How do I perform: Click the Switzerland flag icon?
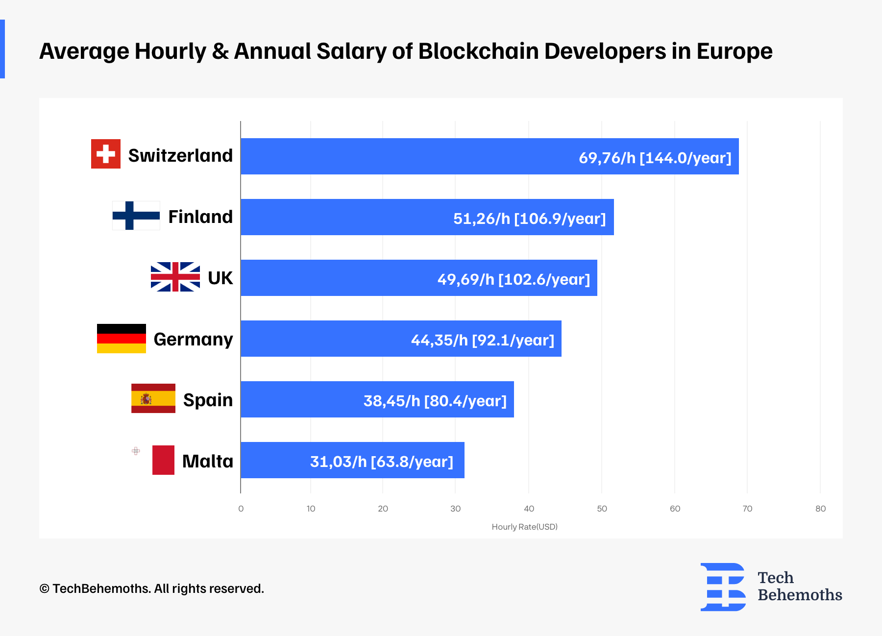point(106,154)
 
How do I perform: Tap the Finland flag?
point(136,216)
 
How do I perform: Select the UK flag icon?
point(175,277)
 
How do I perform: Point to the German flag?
point(122,339)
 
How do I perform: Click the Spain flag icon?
point(153,398)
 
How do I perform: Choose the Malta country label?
point(208,461)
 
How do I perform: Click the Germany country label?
point(193,339)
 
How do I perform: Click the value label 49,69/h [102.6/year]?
point(514,279)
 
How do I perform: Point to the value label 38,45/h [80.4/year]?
point(435,401)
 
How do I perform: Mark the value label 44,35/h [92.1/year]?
point(483,340)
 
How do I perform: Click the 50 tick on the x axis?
point(602,509)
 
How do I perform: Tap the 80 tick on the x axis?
point(820,509)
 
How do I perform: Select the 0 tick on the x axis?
point(241,509)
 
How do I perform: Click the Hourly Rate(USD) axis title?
point(524,527)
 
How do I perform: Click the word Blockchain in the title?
point(478,51)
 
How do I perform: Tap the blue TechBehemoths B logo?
point(723,587)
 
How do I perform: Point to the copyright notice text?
point(152,588)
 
